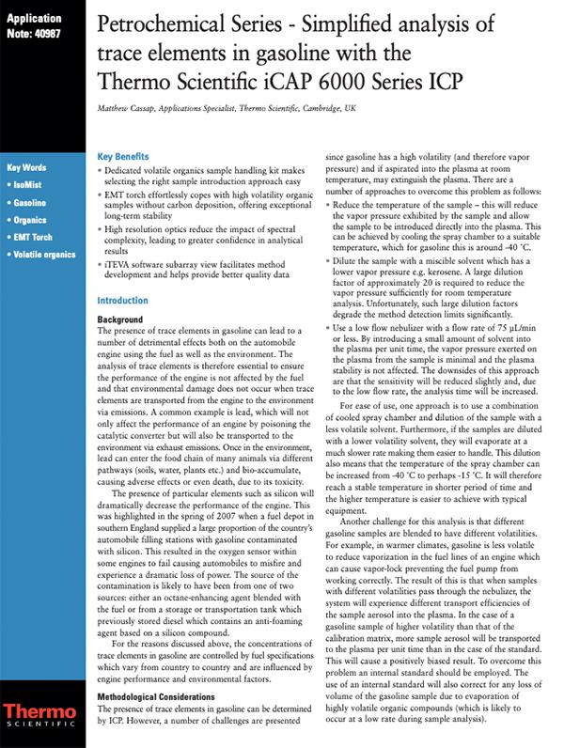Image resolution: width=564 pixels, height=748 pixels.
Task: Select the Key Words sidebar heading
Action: (x=26, y=168)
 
